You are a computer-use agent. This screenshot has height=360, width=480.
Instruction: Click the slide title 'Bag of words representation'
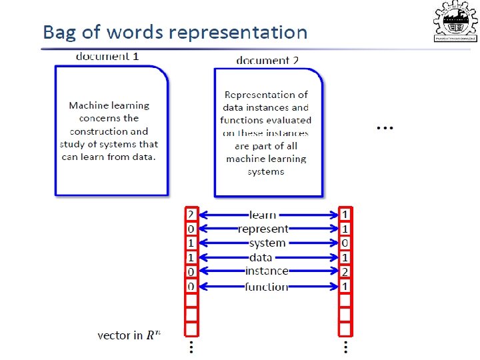[x=175, y=32]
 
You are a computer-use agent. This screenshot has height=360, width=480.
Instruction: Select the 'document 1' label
[x=107, y=56]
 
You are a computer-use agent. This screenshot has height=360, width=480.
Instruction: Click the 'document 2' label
[x=267, y=60]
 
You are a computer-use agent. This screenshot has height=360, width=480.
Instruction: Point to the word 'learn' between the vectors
[x=263, y=215]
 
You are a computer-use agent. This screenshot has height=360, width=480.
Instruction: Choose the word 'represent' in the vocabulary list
[x=263, y=229]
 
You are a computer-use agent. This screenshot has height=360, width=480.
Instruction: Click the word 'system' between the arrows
[x=267, y=243]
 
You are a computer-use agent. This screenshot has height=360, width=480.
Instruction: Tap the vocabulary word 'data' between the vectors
[x=260, y=257]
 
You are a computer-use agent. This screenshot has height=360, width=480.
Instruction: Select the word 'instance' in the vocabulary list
[x=267, y=271]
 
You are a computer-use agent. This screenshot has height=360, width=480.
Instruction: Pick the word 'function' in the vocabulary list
[x=267, y=287]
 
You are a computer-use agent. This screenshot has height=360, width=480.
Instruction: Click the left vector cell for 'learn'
[x=191, y=215]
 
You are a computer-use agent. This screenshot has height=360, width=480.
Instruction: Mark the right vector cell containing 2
[x=345, y=271]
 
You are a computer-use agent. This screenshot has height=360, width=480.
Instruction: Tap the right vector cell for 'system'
[x=345, y=243]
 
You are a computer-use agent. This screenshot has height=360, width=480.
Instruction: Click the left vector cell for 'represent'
[x=191, y=229]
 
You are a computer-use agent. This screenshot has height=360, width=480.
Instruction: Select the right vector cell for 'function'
[x=345, y=287]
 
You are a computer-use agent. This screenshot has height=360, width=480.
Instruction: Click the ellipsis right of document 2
[x=385, y=127]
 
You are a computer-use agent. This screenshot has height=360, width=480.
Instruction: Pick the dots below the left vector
[x=191, y=347]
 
